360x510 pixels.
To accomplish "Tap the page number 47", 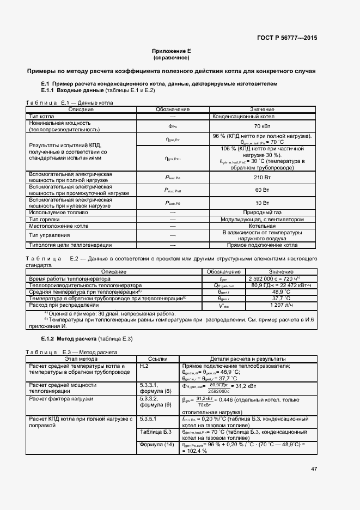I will (314, 469).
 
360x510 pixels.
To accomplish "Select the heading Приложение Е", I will (171, 51).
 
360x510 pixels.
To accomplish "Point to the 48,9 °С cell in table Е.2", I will (280, 292).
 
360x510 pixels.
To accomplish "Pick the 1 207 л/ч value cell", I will (280, 305).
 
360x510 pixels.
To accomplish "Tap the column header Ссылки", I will (158, 359).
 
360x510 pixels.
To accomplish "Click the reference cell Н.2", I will (145, 366).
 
